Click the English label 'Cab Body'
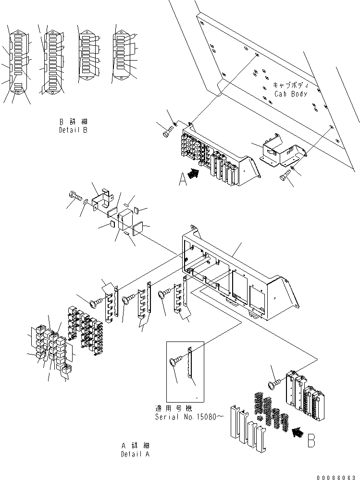point(291,94)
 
